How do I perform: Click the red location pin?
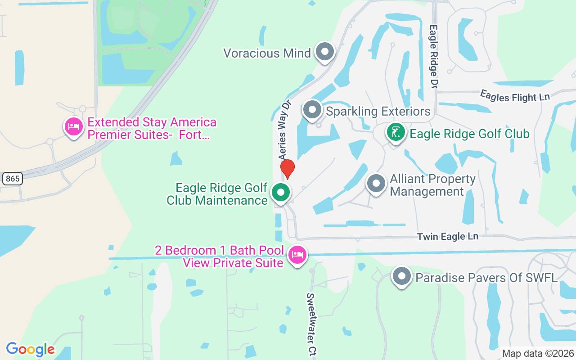tap(288, 168)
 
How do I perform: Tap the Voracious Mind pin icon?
tap(324, 52)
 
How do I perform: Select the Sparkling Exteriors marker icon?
tap(312, 110)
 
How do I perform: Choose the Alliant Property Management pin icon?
tap(376, 184)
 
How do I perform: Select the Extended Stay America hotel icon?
tap(73, 126)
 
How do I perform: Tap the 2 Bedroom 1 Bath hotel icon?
tap(297, 255)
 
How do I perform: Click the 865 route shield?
tap(12, 179)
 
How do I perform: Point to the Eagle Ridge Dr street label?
tap(433, 56)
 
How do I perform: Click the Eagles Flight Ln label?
tap(515, 96)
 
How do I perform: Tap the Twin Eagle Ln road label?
tap(447, 236)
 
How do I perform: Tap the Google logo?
tap(30, 349)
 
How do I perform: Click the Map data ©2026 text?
tap(538, 353)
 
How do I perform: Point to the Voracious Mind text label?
tap(267, 53)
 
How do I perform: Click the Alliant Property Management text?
tap(432, 185)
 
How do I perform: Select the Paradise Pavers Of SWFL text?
tap(486, 277)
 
